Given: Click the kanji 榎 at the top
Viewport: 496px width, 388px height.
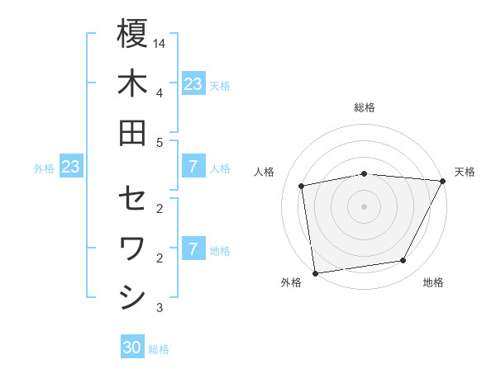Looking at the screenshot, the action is pyautogui.click(x=132, y=35).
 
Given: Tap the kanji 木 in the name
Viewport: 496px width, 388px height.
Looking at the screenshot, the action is pyautogui.click(x=132, y=83).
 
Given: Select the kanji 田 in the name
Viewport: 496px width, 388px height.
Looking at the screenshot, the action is pyautogui.click(x=132, y=133).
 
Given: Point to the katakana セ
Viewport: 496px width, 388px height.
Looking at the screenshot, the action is pyautogui.click(x=132, y=199).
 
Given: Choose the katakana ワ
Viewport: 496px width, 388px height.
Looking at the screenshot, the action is pyautogui.click(x=132, y=248).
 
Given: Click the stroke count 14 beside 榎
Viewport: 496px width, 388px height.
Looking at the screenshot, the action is pyautogui.click(x=160, y=42).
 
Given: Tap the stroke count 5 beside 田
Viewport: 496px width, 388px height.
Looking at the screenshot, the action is pyautogui.click(x=160, y=142).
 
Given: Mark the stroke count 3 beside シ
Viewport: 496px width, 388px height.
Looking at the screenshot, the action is pyautogui.click(x=160, y=308).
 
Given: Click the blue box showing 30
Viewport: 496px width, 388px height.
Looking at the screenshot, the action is pyautogui.click(x=132, y=348).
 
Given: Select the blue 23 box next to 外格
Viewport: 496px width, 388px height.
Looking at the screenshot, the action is pyautogui.click(x=71, y=168).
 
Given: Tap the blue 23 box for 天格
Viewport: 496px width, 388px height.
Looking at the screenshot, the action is pyautogui.click(x=193, y=84).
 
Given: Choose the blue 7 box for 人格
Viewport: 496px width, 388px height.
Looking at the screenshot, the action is pyautogui.click(x=193, y=168).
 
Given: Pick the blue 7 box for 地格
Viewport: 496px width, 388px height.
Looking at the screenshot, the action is pyautogui.click(x=193, y=249).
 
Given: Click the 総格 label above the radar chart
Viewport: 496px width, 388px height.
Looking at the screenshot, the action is pyautogui.click(x=365, y=107).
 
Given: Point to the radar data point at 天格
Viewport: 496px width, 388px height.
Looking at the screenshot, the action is pyautogui.click(x=444, y=181).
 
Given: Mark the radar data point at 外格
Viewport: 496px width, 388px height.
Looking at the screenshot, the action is pyautogui.click(x=315, y=272).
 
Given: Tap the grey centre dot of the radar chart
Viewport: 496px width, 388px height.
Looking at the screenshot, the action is pyautogui.click(x=364, y=206).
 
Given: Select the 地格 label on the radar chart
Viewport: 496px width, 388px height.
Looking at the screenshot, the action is pyautogui.click(x=433, y=282).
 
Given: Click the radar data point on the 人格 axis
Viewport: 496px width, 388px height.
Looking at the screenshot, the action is pyautogui.click(x=303, y=186).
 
